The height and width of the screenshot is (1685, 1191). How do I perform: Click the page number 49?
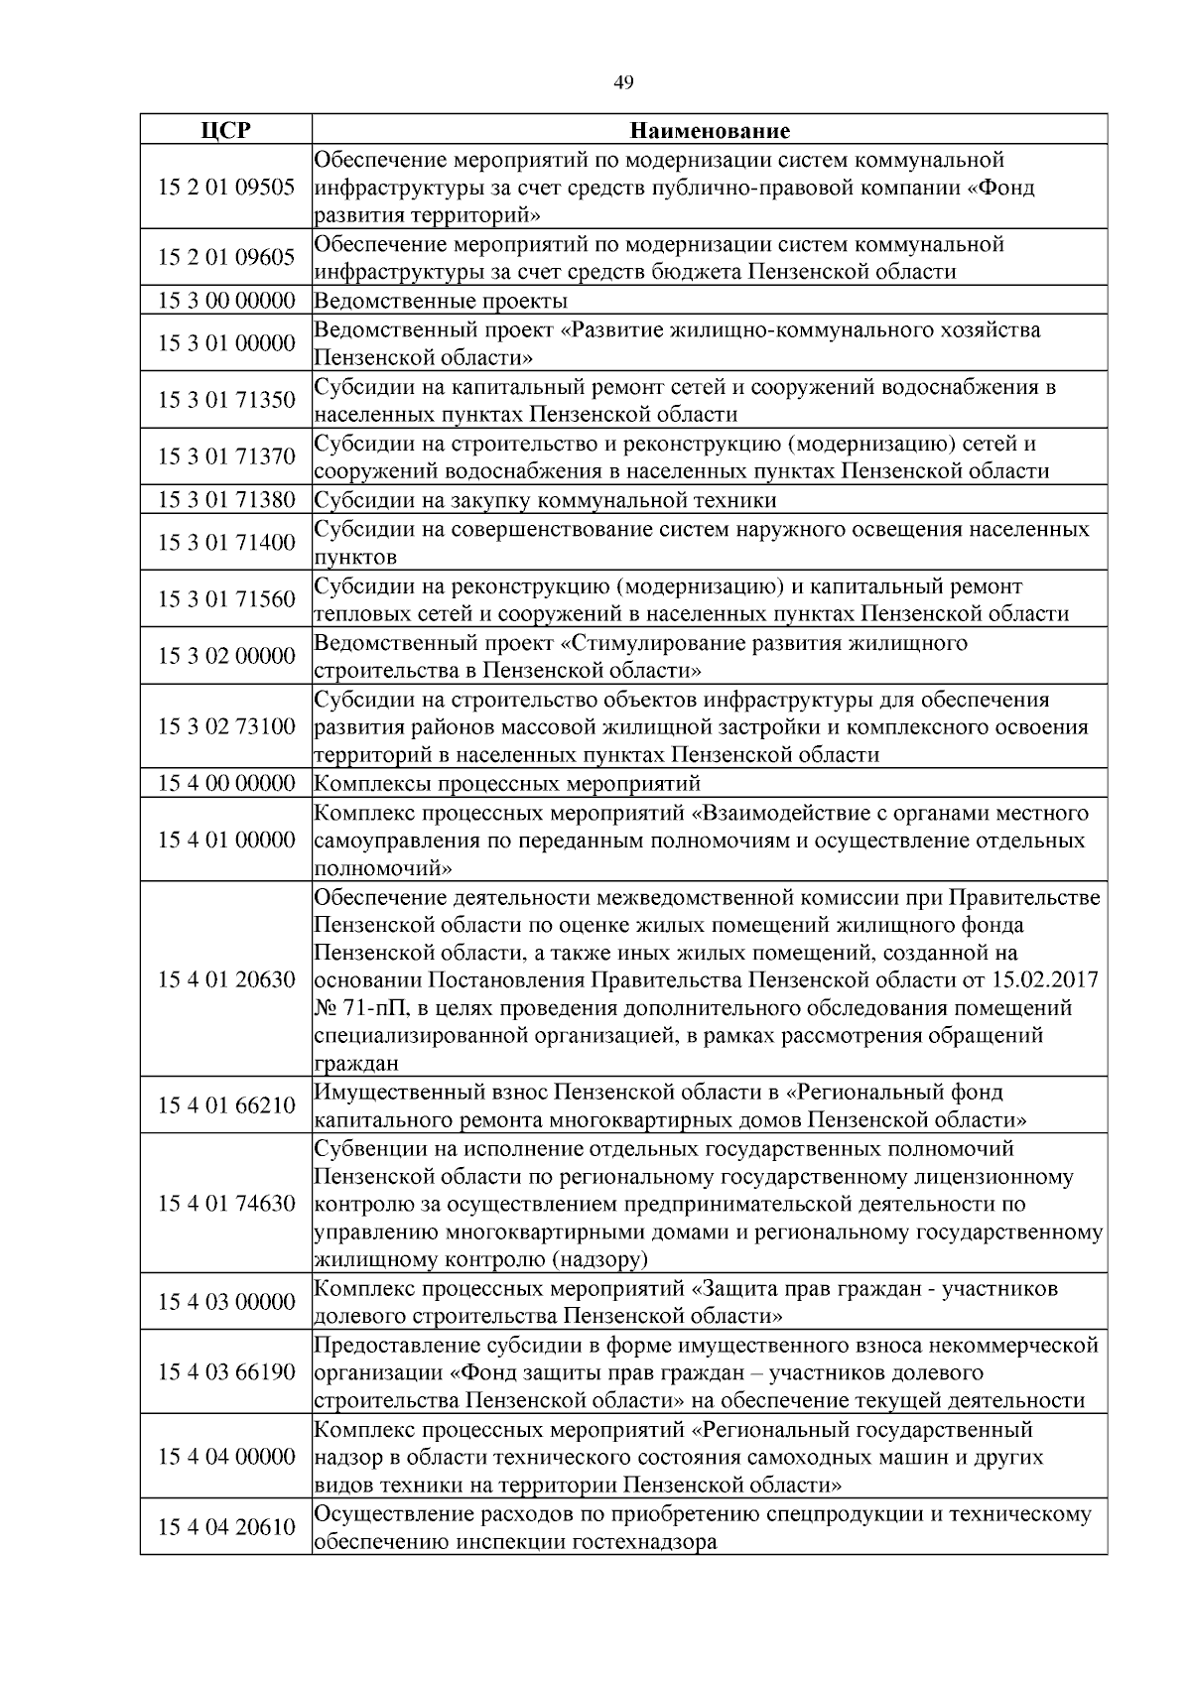[x=623, y=83]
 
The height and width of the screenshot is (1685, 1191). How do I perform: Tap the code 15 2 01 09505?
[x=226, y=187]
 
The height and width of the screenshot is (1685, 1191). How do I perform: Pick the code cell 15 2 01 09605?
[x=226, y=258]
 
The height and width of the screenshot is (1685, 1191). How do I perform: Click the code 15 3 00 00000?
[x=226, y=301]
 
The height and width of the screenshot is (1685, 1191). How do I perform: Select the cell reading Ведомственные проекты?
[x=441, y=301]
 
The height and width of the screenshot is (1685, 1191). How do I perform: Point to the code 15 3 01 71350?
[x=226, y=400]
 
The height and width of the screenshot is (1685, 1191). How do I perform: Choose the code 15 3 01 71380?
[x=226, y=500]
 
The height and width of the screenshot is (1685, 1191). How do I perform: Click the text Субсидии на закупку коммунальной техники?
[x=545, y=500]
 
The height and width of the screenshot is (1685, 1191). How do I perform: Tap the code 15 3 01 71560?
[x=226, y=599]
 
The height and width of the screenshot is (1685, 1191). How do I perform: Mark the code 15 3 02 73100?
[x=226, y=727]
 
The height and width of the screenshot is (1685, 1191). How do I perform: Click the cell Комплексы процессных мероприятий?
[x=507, y=784]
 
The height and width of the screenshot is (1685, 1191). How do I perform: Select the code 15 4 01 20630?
[x=226, y=980]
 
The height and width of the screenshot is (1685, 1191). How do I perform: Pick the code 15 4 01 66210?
[x=226, y=1106]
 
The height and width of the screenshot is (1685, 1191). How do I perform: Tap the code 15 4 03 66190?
[x=226, y=1373]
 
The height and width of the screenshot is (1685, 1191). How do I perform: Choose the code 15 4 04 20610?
[x=226, y=1527]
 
